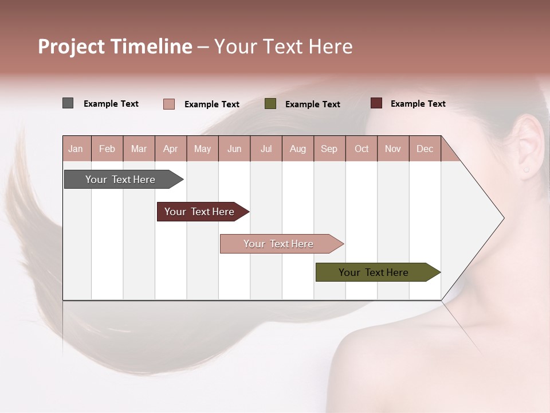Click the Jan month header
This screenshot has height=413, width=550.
coord(76,149)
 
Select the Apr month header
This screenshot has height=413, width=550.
coord(170,149)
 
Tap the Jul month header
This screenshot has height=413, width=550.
coord(266,149)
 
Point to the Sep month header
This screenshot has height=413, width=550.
coord(329,149)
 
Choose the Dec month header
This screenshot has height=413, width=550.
coord(425,149)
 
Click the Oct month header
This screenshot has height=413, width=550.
coord(362,149)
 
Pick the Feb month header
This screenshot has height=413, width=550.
coord(107,149)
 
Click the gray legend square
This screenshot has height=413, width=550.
coord(68,103)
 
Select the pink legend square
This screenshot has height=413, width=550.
coord(168,104)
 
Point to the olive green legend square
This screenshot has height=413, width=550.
coord(270,104)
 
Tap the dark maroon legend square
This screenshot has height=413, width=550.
coord(376,103)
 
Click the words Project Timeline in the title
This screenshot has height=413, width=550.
coord(115,46)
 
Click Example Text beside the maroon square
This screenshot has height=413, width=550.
coord(418,104)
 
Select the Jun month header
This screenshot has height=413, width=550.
coord(234,149)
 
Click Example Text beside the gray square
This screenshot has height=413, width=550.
coord(111,104)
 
